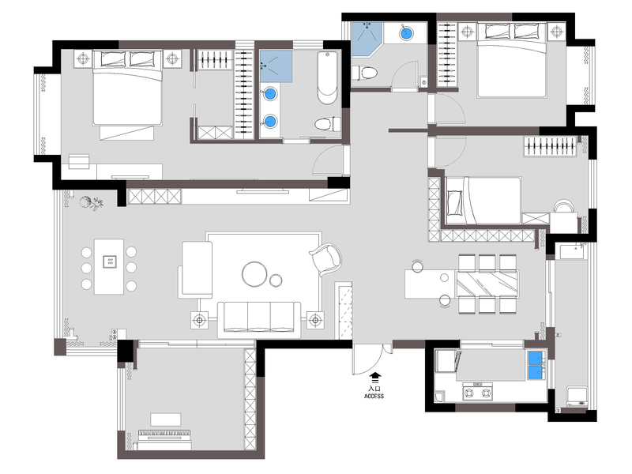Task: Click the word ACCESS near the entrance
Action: click(374, 397)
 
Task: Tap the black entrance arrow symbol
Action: click(375, 378)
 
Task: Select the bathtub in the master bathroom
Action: click(327, 77)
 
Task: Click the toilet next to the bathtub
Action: click(327, 124)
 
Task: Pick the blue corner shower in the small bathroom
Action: click(365, 38)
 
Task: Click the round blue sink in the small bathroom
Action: click(406, 32)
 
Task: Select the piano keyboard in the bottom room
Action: click(164, 434)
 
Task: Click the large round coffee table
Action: click(254, 274)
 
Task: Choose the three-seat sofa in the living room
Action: click(259, 319)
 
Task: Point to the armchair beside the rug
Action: click(325, 259)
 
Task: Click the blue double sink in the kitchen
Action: click(536, 366)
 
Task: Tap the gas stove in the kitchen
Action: click(478, 392)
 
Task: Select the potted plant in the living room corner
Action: click(91, 203)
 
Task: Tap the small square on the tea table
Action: click(109, 261)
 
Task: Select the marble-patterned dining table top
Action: click(487, 284)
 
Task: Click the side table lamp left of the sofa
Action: click(199, 321)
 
